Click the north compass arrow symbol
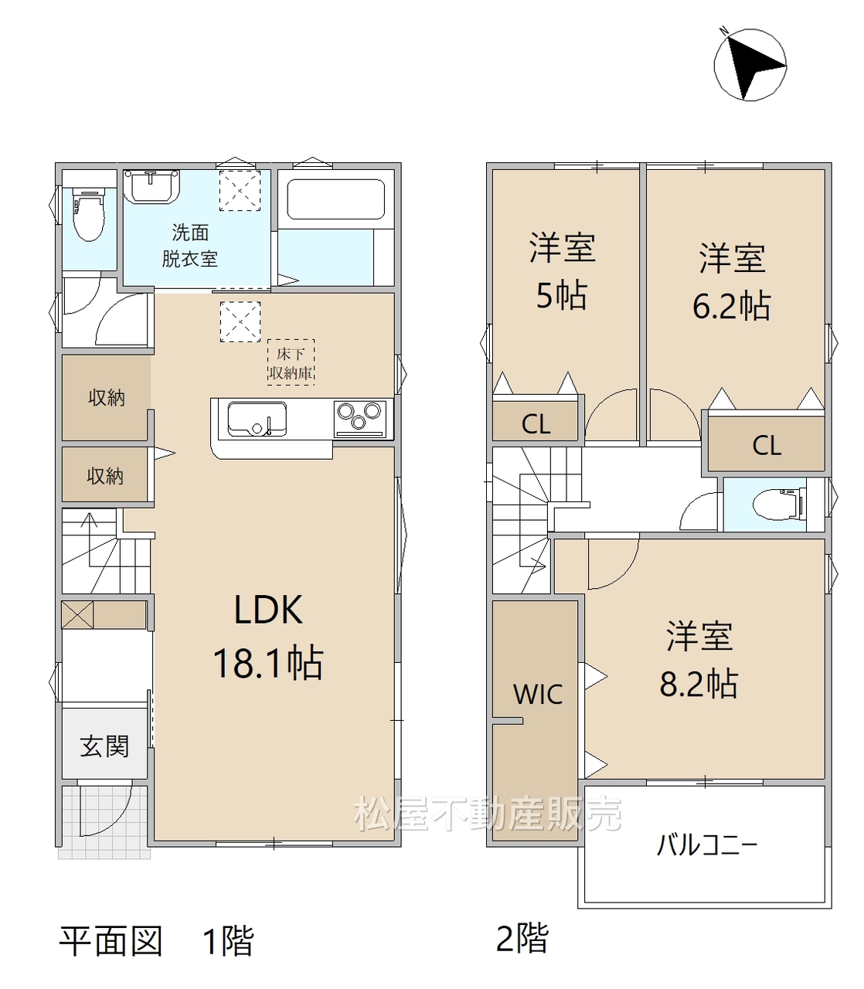coord(750,65)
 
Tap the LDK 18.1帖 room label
coord(268,636)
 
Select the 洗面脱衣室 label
coord(189,246)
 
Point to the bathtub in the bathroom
coord(336,199)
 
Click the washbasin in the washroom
coord(151,186)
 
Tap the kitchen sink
coord(257,419)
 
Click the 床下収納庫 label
coord(291,363)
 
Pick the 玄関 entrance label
coord(104,746)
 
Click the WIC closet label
coord(538,695)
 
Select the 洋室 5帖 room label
coord(562,271)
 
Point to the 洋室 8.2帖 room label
coord(699,660)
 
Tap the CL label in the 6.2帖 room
coord(767,446)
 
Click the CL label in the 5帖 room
coord(536,425)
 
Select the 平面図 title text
coord(111,940)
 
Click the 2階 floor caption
coord(522,938)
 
